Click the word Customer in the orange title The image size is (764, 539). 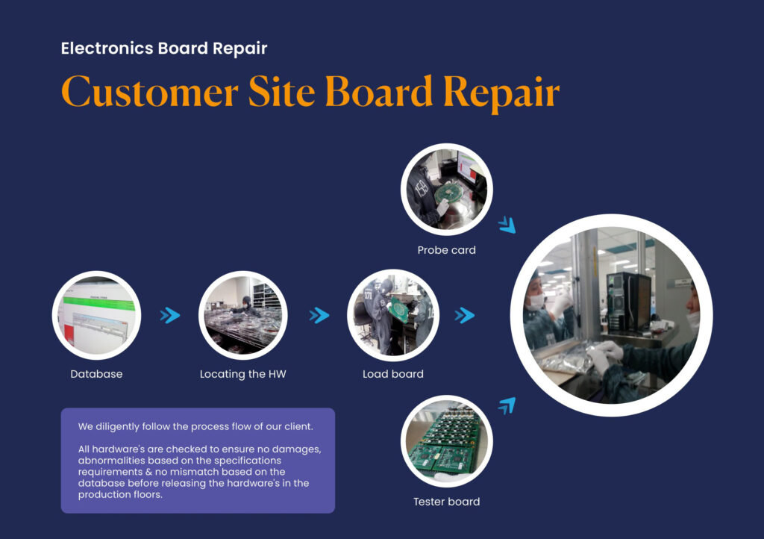149,93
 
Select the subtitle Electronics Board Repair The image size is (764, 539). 163,49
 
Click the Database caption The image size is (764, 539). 96,374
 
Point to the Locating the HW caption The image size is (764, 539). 242,374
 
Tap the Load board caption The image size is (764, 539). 392,374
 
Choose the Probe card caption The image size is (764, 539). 446,250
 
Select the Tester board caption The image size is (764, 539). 446,502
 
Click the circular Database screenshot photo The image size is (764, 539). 97,315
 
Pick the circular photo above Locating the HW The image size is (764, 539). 244,315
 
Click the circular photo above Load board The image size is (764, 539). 393,315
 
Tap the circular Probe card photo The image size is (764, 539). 446,189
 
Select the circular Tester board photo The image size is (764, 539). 446,441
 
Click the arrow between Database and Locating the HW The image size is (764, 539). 170,316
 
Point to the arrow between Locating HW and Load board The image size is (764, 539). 319,316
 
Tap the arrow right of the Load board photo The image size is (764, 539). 465,316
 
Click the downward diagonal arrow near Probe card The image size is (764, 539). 507,225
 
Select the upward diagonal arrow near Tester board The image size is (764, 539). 507,406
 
